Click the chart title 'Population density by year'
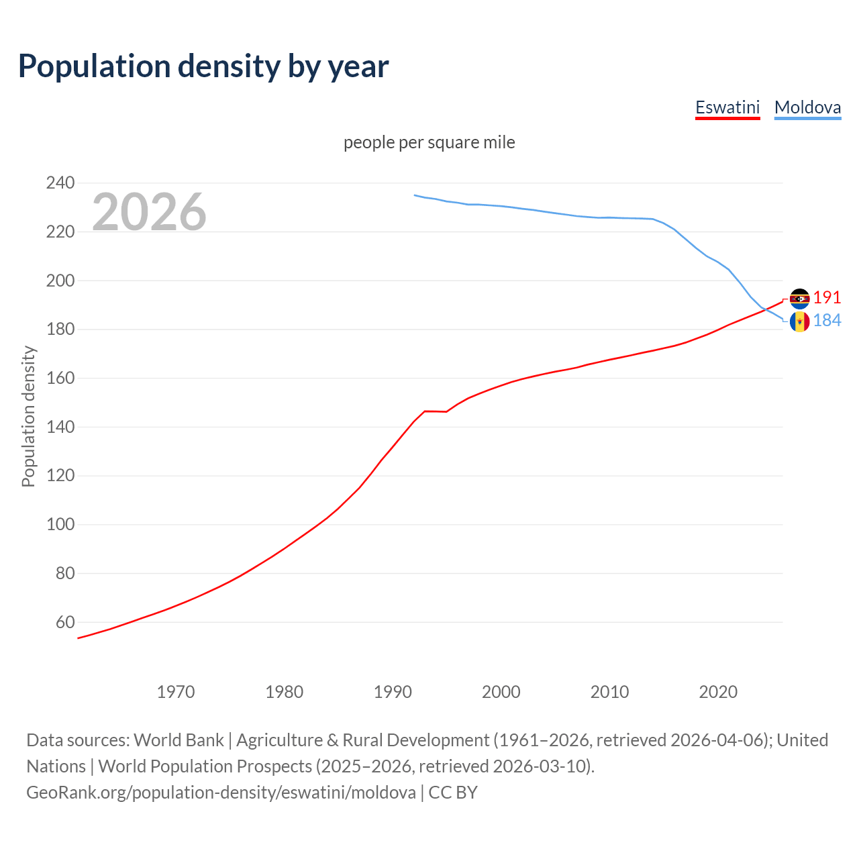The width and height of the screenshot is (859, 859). (x=203, y=66)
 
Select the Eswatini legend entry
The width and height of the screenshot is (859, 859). (x=727, y=107)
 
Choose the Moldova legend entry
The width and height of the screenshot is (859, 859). (x=807, y=107)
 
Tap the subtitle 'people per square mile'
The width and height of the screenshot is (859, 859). (x=429, y=143)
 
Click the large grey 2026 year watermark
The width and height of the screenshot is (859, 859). (x=149, y=212)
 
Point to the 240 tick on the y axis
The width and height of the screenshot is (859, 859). (x=60, y=183)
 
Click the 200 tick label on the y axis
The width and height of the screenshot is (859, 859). (x=60, y=281)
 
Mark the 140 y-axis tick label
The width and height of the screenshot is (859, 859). (x=60, y=427)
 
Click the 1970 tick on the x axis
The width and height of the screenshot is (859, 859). (x=176, y=692)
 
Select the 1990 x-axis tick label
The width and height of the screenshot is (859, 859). (x=393, y=692)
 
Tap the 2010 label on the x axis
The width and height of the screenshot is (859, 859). (x=609, y=692)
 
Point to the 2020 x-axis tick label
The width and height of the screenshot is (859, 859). (x=718, y=692)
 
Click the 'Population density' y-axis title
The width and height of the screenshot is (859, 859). (x=28, y=416)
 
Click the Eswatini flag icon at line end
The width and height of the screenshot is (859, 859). (x=799, y=299)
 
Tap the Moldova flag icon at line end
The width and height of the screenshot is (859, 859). (x=799, y=322)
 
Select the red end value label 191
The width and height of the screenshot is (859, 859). (x=827, y=298)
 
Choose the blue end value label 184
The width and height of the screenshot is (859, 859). (x=827, y=321)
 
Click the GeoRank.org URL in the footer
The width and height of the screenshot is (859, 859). (x=221, y=793)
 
